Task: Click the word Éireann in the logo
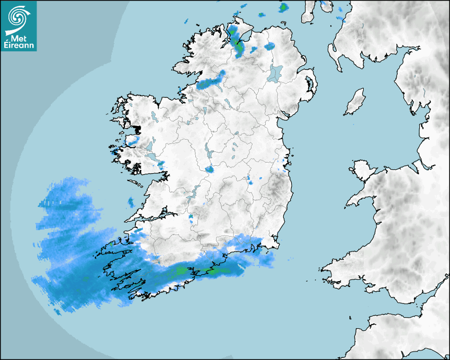coord(19,45)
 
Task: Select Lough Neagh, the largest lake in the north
coord(275,73)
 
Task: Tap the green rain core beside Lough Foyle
coord(238,47)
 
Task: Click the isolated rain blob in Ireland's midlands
coord(210,169)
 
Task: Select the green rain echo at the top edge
coord(284,7)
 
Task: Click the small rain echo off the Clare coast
coord(131,202)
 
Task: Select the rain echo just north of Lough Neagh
coord(272,46)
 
